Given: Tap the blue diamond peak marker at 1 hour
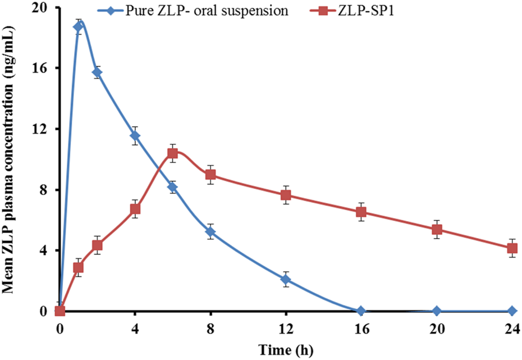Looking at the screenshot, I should click(79, 26).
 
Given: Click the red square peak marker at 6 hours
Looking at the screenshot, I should click(173, 153).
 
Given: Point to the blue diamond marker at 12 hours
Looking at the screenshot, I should click(286, 279).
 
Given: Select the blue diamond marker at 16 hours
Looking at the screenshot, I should click(361, 311).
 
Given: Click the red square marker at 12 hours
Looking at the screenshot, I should click(286, 195).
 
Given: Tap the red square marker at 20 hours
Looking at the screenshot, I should click(437, 229).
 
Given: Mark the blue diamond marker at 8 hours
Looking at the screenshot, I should click(210, 231).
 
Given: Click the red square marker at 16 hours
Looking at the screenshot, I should click(361, 212).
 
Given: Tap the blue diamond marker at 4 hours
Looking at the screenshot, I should click(135, 135).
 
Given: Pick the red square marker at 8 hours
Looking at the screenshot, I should click(210, 175).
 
